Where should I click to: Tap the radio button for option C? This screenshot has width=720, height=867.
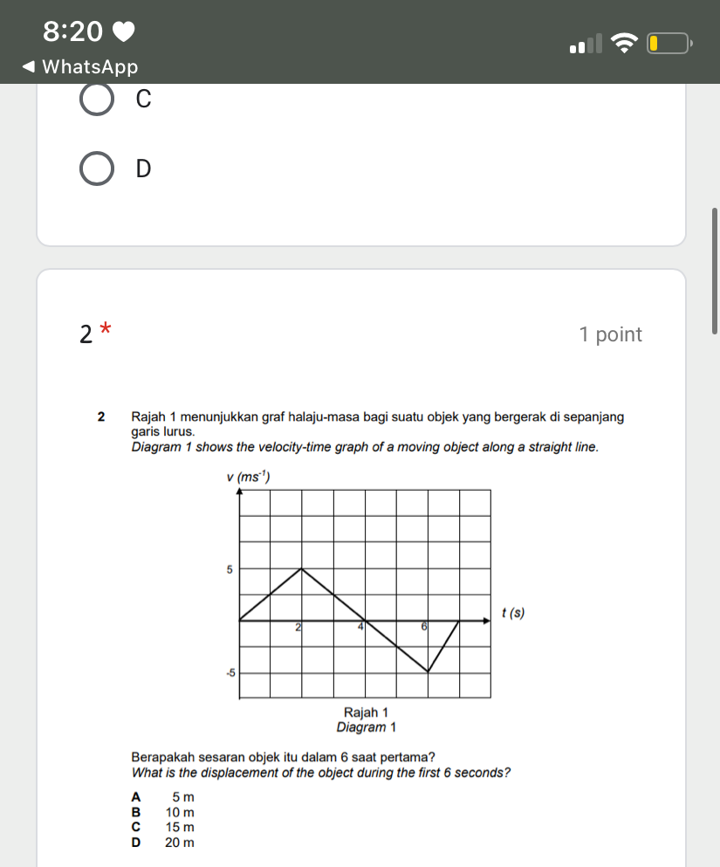96,100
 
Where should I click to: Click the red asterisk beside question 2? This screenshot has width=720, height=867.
106,329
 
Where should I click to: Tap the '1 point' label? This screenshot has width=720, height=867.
610,334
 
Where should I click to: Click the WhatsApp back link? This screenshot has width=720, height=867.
79,66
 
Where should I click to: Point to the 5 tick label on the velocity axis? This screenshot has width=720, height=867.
230,569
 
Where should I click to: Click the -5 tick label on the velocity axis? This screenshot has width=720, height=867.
229,673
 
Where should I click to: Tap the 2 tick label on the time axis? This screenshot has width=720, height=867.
298,627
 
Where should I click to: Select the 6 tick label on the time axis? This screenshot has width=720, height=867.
424,627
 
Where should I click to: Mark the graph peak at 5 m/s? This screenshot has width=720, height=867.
302,569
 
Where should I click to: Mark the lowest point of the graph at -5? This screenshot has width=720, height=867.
428,672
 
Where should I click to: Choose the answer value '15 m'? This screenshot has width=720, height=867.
179,827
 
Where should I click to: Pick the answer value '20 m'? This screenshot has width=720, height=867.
179,843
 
